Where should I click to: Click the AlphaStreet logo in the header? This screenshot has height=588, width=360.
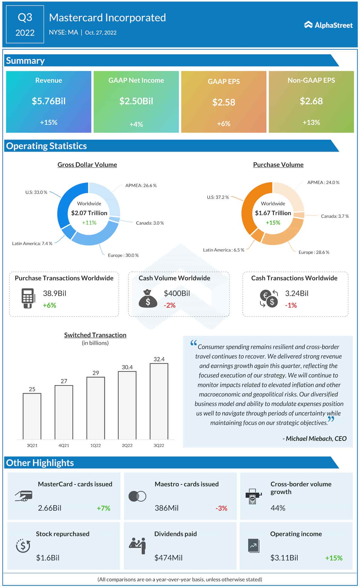[328, 25]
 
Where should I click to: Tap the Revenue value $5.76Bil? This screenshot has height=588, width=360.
[49, 101]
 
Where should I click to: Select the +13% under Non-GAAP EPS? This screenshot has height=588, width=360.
[311, 122]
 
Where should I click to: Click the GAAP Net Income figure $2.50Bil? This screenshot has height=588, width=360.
[136, 101]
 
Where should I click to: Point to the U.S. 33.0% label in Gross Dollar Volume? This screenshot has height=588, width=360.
[36, 192]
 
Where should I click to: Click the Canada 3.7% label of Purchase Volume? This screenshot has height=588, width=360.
[335, 216]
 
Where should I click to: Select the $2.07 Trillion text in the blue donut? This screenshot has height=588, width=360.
[89, 213]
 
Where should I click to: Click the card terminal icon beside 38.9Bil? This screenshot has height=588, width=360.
[28, 298]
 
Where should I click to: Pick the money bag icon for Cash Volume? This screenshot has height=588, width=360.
[148, 299]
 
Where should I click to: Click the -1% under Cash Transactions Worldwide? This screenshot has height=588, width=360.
[291, 305]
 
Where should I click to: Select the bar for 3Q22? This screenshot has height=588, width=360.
[159, 401]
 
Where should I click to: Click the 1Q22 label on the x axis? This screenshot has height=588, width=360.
[96, 445]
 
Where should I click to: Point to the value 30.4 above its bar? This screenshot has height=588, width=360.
[127, 367]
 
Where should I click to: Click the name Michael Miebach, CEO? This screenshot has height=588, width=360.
[315, 438]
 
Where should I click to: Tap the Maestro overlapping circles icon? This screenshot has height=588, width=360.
[137, 496]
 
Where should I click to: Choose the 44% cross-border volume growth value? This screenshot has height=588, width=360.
[278, 508]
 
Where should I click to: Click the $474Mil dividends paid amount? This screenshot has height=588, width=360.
[168, 558]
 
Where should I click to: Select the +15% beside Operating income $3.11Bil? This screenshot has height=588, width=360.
[334, 558]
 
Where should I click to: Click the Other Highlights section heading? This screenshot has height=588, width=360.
[40, 463]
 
